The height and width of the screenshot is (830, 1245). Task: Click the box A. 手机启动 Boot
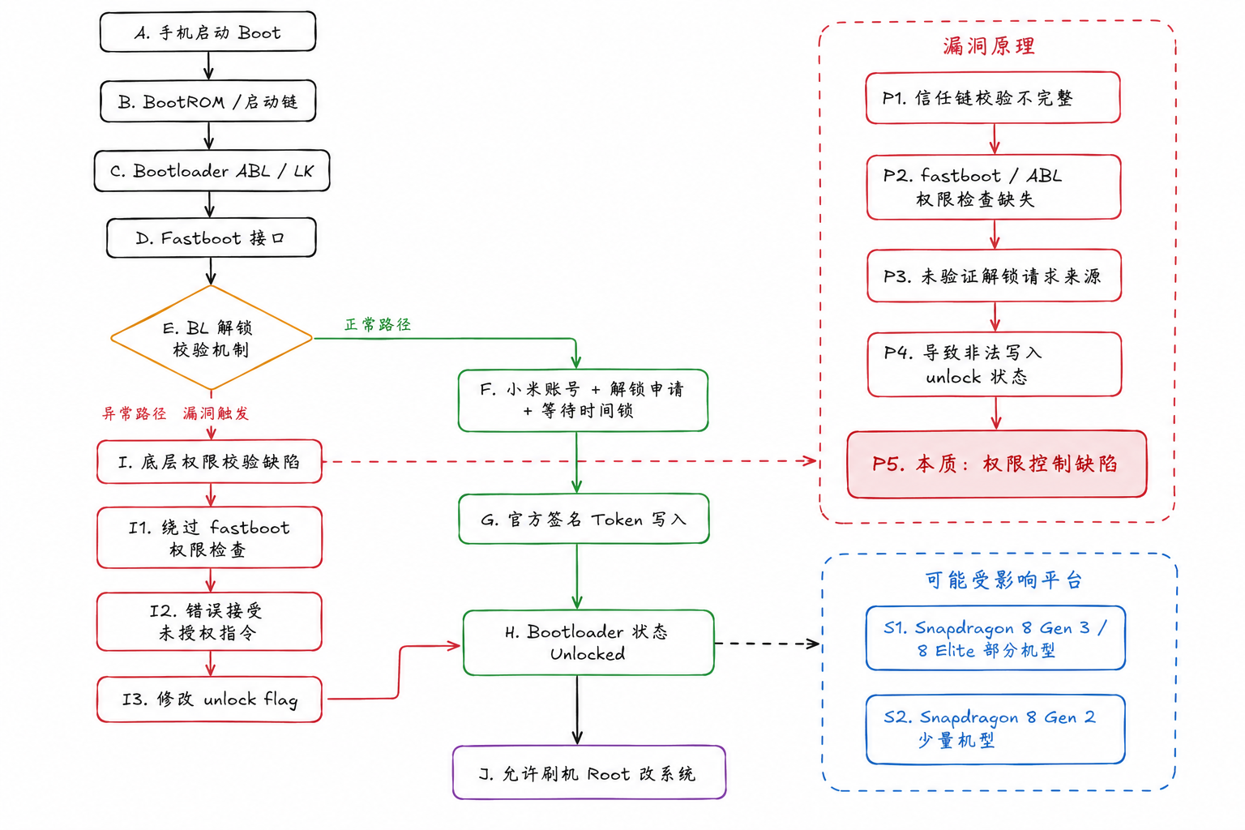point(207,32)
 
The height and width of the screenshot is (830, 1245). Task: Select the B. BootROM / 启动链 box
point(207,101)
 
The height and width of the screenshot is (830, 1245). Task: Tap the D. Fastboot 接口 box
point(211,237)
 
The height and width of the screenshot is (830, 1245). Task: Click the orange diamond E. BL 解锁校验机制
point(211,338)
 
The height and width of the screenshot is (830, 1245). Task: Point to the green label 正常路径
point(378,324)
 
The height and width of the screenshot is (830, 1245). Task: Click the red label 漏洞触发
point(216,413)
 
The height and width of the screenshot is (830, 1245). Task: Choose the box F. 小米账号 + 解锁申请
point(583,400)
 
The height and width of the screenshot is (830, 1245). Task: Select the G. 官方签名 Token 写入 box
point(584,519)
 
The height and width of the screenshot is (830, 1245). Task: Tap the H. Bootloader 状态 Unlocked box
point(588,642)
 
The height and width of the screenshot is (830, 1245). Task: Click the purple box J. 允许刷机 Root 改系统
point(588,773)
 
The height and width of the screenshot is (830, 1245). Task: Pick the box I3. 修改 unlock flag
point(209,699)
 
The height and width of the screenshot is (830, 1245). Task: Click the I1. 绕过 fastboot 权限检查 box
point(209,538)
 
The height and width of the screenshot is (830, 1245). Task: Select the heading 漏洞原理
point(989,46)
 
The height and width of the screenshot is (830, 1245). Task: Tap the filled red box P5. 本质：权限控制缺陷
point(996,464)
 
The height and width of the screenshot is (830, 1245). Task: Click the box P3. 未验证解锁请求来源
point(994,276)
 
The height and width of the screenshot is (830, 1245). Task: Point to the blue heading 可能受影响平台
point(1003,580)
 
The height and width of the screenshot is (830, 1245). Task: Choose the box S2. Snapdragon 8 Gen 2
point(995,729)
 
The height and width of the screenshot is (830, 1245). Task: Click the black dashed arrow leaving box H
point(766,644)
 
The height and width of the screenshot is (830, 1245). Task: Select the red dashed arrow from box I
point(567,461)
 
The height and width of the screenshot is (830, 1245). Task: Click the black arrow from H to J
point(577,709)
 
